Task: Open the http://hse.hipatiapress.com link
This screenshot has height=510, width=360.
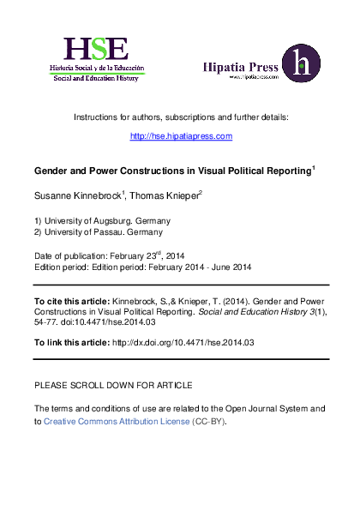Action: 181,136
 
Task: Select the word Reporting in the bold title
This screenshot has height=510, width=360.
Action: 287,171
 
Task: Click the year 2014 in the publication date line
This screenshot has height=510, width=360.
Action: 175,255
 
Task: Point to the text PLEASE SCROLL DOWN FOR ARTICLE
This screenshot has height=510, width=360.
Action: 112,385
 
